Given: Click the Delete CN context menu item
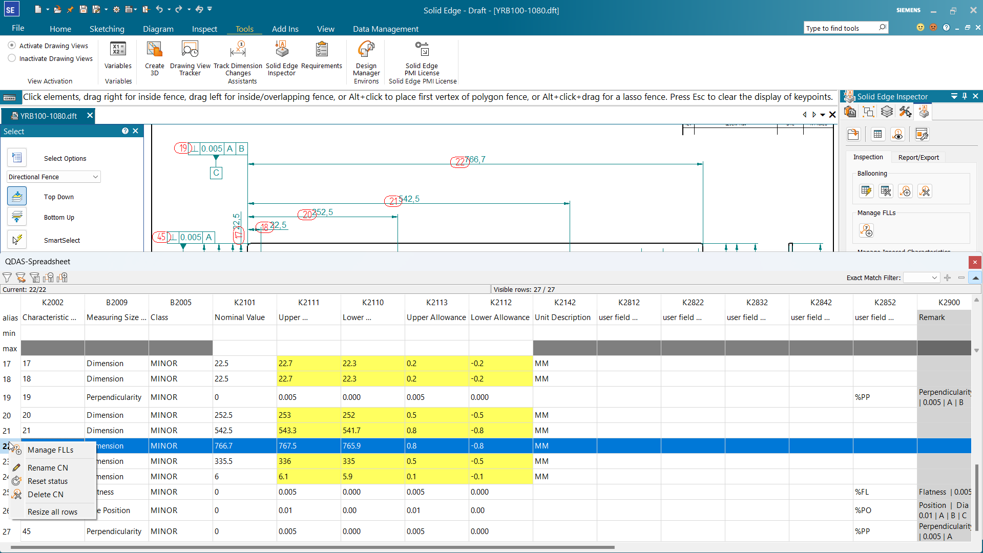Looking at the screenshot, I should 46,495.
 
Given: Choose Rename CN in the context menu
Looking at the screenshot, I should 48,468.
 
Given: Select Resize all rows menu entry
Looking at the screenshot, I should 52,512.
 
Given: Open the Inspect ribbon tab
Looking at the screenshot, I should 204,29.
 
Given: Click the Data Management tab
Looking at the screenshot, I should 385,29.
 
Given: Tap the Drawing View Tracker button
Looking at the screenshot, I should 190,58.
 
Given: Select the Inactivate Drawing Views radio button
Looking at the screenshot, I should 12,58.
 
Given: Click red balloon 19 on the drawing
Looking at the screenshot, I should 182,148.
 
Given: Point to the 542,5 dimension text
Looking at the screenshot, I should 409,199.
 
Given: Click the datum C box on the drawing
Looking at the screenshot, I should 216,173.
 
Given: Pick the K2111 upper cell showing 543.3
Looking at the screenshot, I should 308,431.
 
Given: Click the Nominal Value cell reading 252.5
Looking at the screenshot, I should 244,415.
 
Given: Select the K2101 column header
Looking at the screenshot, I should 244,303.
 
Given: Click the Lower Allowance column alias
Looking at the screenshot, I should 500,317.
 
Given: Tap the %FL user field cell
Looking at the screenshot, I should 884,492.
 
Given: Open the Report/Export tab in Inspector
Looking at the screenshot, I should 918,157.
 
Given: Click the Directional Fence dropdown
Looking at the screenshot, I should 53,177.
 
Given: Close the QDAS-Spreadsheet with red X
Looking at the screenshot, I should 975,262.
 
